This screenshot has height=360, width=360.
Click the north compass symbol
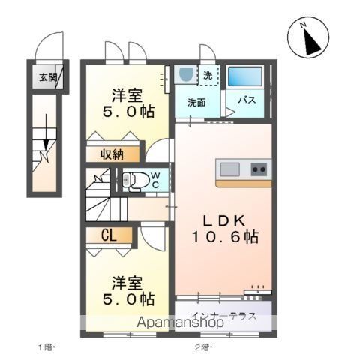click(x=307, y=39)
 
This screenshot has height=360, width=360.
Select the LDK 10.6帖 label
click(x=223, y=228)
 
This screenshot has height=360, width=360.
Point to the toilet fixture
click(x=135, y=181)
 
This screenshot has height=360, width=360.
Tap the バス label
click(x=248, y=100)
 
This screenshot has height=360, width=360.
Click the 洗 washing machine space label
click(x=209, y=75)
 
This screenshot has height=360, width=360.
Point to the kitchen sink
click(x=229, y=168)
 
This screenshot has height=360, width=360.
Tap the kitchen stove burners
click(x=259, y=168)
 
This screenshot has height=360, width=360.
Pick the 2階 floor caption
click(x=203, y=346)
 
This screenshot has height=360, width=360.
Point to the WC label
click(x=155, y=180)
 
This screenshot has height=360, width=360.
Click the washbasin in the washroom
click(x=186, y=76)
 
